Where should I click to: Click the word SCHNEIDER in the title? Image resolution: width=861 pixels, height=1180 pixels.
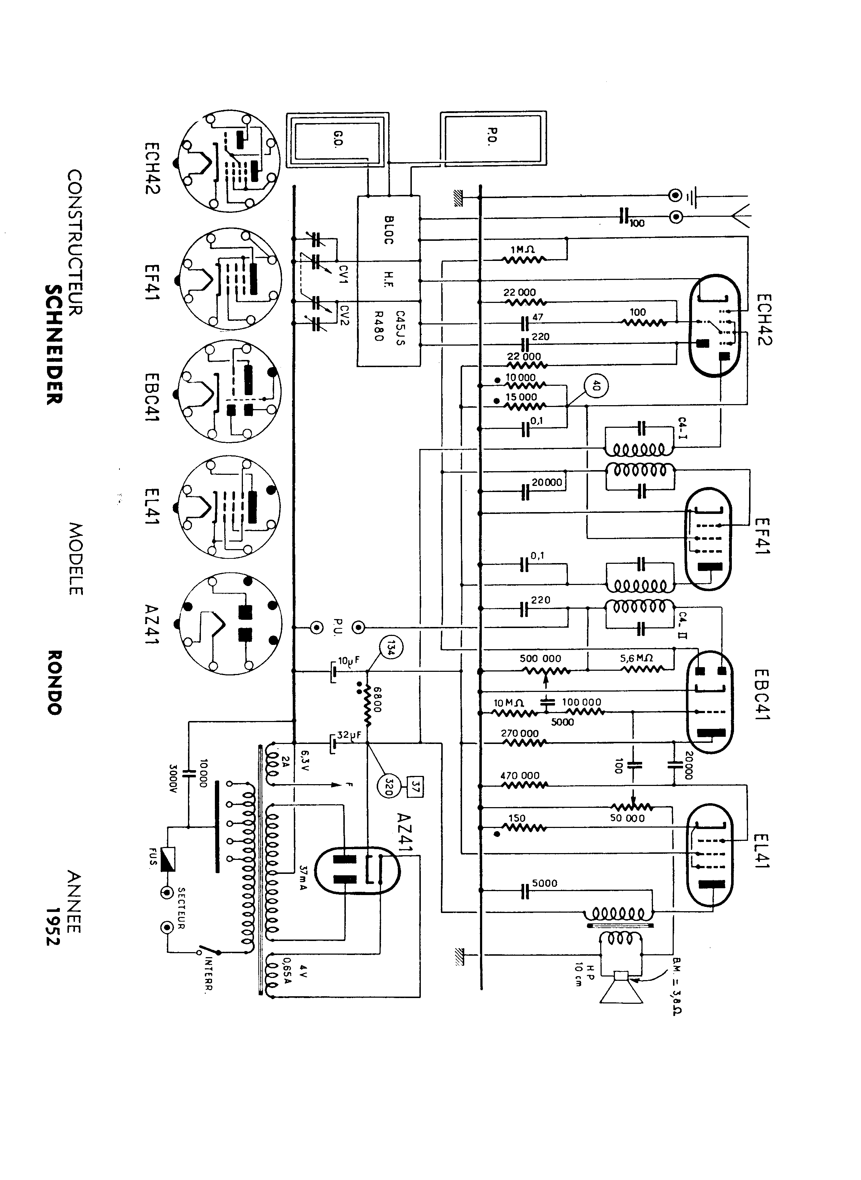54,344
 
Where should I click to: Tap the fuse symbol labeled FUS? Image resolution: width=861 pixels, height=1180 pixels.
168,859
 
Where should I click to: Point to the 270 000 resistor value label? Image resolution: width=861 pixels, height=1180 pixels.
519,733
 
